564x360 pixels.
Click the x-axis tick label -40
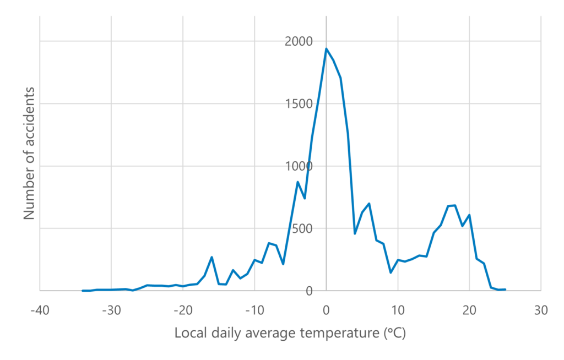[40, 310]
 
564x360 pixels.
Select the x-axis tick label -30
[111, 310]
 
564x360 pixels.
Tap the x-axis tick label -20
[183, 310]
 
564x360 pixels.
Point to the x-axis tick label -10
[254, 310]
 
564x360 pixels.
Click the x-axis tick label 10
[398, 310]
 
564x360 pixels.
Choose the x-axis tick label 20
[469, 310]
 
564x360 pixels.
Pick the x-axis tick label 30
[541, 310]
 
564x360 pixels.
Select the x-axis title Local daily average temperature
[290, 334]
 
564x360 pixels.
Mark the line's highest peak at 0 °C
[326, 48]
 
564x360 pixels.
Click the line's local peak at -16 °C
[211, 257]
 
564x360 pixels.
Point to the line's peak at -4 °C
[297, 182]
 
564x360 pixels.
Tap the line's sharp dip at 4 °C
[355, 233]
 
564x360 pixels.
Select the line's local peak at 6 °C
[369, 203]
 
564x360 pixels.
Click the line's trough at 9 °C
[391, 272]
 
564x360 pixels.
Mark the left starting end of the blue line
[83, 290]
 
